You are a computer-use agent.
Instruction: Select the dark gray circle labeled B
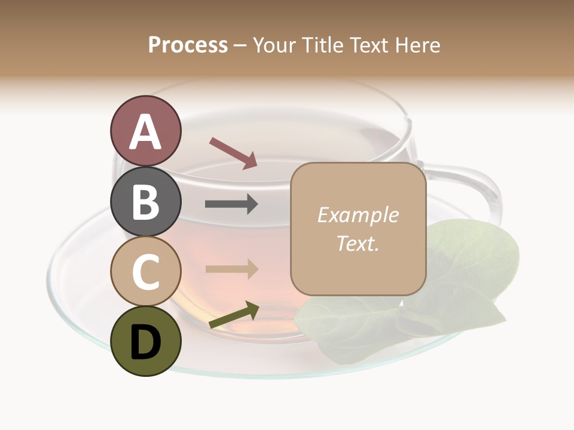145,201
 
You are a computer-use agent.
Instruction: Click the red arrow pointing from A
233,152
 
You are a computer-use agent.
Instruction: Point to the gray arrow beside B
231,204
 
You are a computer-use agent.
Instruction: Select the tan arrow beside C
231,269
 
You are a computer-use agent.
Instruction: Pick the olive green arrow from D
234,315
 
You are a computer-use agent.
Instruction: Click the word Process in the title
188,45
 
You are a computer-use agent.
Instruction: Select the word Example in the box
358,215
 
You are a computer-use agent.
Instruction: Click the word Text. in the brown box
358,244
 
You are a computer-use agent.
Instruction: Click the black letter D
145,343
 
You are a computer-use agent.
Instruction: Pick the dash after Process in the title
240,45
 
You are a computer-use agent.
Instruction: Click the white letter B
145,202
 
